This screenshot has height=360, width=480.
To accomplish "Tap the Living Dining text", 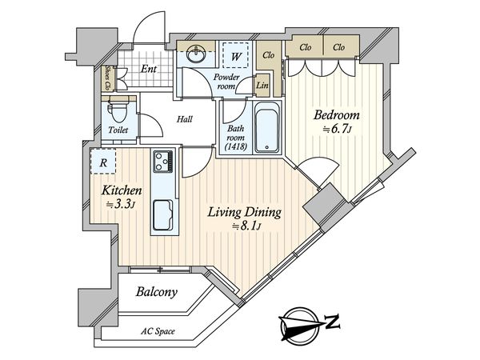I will point(244,213).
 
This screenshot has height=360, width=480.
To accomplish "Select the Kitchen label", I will point(122,191).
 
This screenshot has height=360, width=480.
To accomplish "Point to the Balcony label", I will point(155,293).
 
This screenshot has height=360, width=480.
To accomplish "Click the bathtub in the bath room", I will point(266,127).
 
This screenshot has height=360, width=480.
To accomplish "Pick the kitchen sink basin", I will point(164,215).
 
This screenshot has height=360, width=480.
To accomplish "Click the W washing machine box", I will point(237,56).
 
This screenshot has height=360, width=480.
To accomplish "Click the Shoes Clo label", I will point(108,77).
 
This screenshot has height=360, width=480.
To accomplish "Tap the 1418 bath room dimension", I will point(235,146).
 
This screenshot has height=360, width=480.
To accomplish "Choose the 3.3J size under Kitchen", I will point(122,205).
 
